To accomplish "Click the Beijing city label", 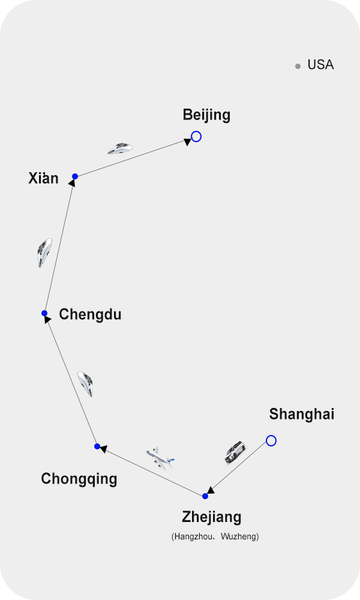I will pyautogui.click(x=206, y=115).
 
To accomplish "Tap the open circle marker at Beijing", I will pyautogui.click(x=196, y=137).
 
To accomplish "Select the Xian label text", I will pyautogui.click(x=44, y=178).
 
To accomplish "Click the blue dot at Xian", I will pyautogui.click(x=75, y=176).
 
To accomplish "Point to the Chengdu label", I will pyautogui.click(x=90, y=314).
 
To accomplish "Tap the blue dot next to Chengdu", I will pyautogui.click(x=44, y=313).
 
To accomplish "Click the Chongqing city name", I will pyautogui.click(x=79, y=479).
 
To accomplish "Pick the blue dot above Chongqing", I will pyautogui.click(x=97, y=446).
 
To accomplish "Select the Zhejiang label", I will pyautogui.click(x=212, y=517).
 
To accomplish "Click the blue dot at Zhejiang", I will pyautogui.click(x=205, y=496).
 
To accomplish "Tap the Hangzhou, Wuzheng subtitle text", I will pyautogui.click(x=215, y=536).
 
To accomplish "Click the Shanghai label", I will pyautogui.click(x=301, y=414).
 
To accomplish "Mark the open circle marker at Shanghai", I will pyautogui.click(x=271, y=441).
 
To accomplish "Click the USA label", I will pyautogui.click(x=320, y=65).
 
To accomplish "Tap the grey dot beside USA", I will pyautogui.click(x=298, y=67).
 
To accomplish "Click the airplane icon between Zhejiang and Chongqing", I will pyautogui.click(x=160, y=458).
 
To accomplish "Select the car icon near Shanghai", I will pyautogui.click(x=235, y=452).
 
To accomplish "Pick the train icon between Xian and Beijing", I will pyautogui.click(x=120, y=148).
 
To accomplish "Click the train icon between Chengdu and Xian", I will pyautogui.click(x=44, y=252).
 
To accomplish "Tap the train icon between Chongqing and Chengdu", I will pyautogui.click(x=85, y=383).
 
